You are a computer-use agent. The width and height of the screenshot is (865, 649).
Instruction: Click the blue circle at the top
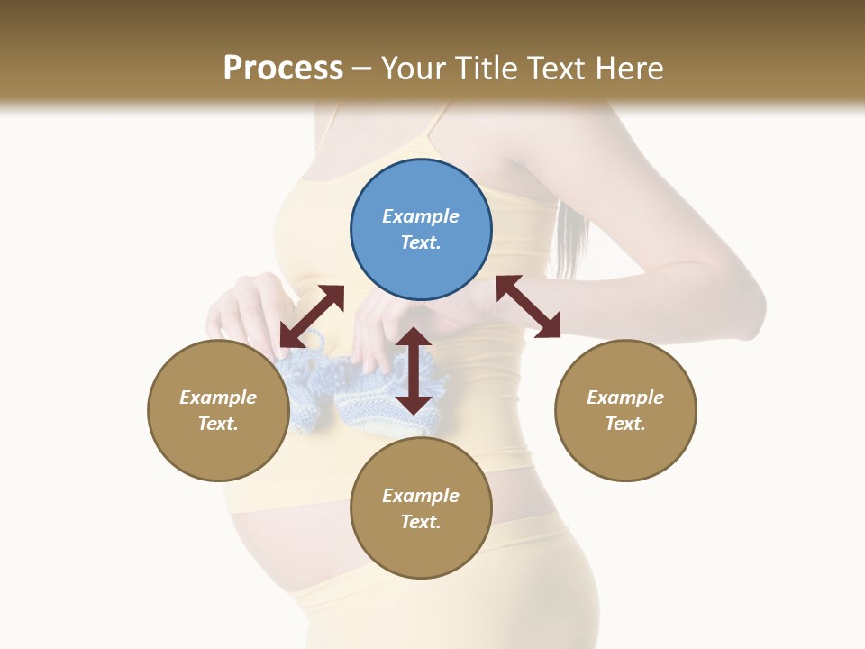(x=421, y=230)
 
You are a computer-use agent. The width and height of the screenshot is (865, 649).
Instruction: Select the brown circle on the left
(x=218, y=410)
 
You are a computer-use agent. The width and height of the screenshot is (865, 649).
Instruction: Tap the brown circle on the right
(x=625, y=410)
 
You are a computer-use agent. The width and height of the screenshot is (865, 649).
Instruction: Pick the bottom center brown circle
(x=421, y=508)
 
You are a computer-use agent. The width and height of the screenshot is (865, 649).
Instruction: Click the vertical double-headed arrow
(x=414, y=370)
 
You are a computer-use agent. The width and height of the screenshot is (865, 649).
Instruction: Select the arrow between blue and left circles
(x=312, y=316)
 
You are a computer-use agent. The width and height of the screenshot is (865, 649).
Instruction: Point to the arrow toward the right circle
(x=528, y=306)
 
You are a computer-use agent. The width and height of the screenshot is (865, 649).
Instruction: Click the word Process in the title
(x=283, y=69)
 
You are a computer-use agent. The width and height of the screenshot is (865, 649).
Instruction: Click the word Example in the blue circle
(x=421, y=216)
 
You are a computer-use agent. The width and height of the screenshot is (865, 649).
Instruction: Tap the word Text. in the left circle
(x=218, y=424)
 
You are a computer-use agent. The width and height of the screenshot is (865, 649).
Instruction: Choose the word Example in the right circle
(x=625, y=398)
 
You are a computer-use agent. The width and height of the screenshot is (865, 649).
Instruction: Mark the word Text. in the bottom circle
(x=421, y=522)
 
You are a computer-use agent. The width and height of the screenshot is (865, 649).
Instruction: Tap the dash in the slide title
(x=361, y=69)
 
